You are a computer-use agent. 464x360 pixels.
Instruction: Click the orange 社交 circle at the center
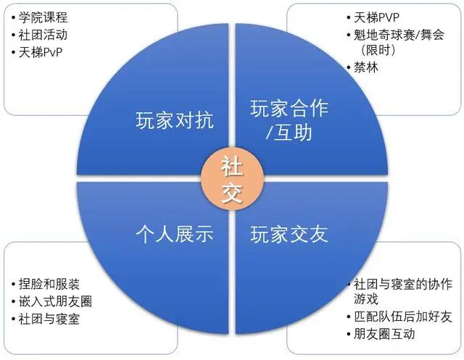coord(232,179)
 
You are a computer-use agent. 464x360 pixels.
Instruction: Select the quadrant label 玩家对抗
coord(175,120)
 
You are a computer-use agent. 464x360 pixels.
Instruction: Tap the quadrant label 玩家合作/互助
coord(289,120)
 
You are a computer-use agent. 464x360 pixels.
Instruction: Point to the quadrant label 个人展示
coord(175,234)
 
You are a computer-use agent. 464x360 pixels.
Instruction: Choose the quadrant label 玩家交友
coord(289,234)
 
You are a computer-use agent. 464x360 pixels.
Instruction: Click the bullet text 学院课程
coord(43,17)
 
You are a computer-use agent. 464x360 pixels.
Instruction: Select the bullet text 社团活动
coord(43,35)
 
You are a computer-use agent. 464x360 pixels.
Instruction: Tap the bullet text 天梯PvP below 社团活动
coord(41,52)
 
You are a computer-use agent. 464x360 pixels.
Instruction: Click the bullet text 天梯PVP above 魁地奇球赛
coord(376,17)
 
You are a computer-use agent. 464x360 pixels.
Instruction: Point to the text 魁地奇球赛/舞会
coord(399,35)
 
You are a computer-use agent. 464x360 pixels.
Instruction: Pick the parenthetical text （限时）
coord(378,50)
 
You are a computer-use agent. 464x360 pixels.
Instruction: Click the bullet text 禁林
coord(366,67)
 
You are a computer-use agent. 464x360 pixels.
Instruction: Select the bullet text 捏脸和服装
coord(49,284)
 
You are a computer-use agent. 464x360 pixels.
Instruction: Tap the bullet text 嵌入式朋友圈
coord(55,301)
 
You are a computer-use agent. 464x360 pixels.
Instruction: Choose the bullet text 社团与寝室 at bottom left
coord(49,319)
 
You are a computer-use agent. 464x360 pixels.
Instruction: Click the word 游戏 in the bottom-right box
coord(366,299)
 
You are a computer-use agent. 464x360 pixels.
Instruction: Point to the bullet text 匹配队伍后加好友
coord(403,317)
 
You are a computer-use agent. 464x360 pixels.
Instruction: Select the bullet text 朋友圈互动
coord(384,334)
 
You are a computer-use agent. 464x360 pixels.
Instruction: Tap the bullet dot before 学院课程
coord(13,17)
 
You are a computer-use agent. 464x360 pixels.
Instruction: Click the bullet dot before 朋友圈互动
coord(349,335)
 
